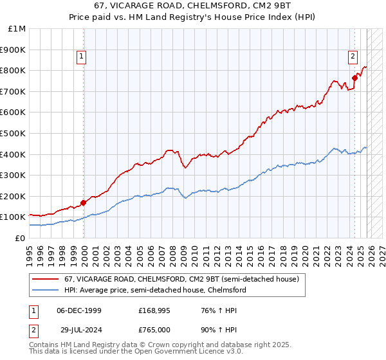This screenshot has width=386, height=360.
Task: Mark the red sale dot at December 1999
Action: point(84,203)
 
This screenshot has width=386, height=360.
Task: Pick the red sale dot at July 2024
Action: point(354,78)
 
